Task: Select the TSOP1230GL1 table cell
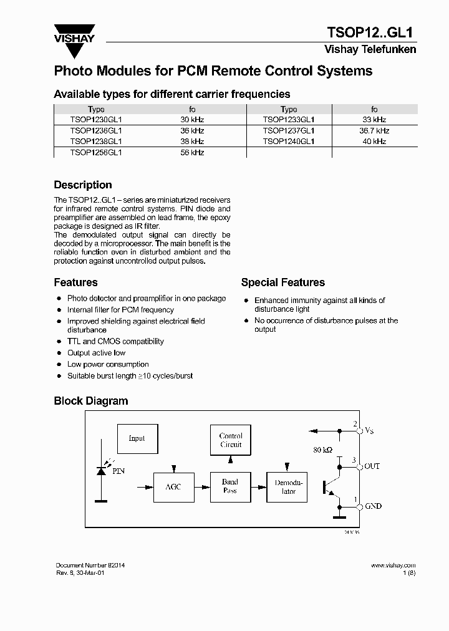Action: pyautogui.click(x=96, y=120)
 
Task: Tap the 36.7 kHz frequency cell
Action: pyautogui.click(x=374, y=131)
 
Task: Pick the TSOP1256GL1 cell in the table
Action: pyautogui.click(x=96, y=152)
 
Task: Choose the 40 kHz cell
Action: pyautogui.click(x=374, y=142)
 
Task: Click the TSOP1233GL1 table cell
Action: pyautogui.click(x=289, y=120)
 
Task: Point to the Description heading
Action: pyautogui.click(x=83, y=185)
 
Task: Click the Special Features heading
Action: pyautogui.click(x=282, y=282)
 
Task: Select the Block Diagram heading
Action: pyautogui.click(x=90, y=401)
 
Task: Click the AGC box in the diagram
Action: pyautogui.click(x=173, y=487)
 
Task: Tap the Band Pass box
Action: pyautogui.click(x=230, y=486)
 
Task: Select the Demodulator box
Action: pyautogui.click(x=288, y=487)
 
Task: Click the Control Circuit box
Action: pyautogui.click(x=231, y=440)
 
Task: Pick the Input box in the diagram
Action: pyautogui.click(x=137, y=438)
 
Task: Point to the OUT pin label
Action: pyautogui.click(x=372, y=466)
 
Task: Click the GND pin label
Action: pyautogui.click(x=373, y=506)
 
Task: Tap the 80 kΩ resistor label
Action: pyautogui.click(x=324, y=450)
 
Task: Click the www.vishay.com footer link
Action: pyautogui.click(x=393, y=565)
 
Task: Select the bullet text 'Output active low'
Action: pyautogui.click(x=96, y=353)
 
